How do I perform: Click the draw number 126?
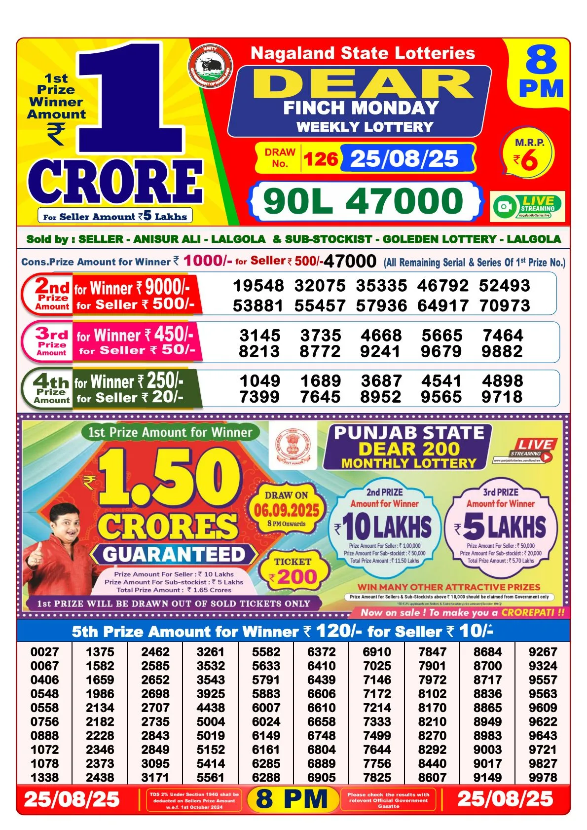(321, 159)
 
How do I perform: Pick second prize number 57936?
(381, 306)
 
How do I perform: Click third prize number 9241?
(381, 351)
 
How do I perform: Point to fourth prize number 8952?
(380, 397)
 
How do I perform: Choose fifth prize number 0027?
(44, 652)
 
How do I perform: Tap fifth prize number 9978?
(543, 777)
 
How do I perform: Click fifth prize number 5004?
(211, 721)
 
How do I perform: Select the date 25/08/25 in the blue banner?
(404, 159)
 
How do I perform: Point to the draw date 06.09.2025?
(287, 510)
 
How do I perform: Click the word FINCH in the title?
(314, 108)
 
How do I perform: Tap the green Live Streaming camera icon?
(504, 206)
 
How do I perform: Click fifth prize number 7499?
(377, 735)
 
